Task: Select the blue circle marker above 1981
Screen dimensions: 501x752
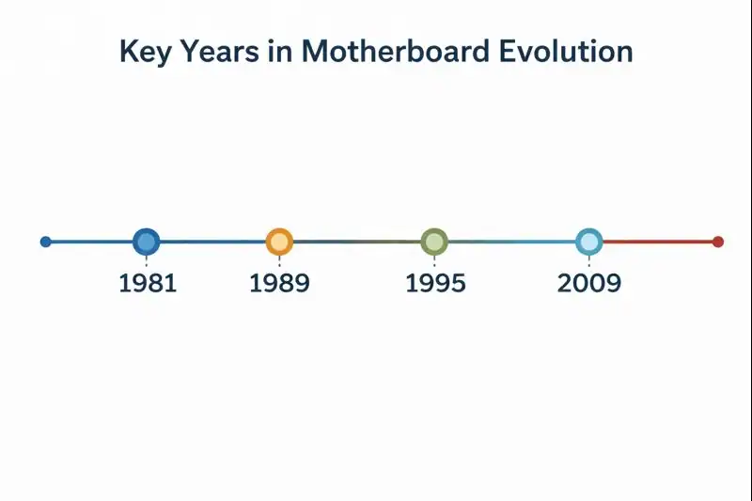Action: tap(146, 242)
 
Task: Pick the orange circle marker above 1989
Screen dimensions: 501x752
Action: tap(279, 242)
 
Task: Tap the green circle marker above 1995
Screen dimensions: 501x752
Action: tap(433, 242)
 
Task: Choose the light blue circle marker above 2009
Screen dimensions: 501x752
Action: tap(588, 242)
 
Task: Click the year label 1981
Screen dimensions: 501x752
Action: tap(148, 283)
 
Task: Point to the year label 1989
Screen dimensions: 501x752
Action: tap(279, 283)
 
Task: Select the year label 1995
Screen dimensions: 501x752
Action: tap(435, 283)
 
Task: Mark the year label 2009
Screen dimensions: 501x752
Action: tap(589, 283)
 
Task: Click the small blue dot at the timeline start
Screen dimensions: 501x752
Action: tap(45, 242)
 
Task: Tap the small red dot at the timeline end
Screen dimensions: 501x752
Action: tap(718, 242)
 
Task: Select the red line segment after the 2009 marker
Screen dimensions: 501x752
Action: tap(658, 242)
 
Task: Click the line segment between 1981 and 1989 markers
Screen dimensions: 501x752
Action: tap(212, 242)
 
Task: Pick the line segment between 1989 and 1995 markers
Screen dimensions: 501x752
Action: tap(356, 242)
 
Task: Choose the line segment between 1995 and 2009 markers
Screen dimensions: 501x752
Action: tap(510, 242)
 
